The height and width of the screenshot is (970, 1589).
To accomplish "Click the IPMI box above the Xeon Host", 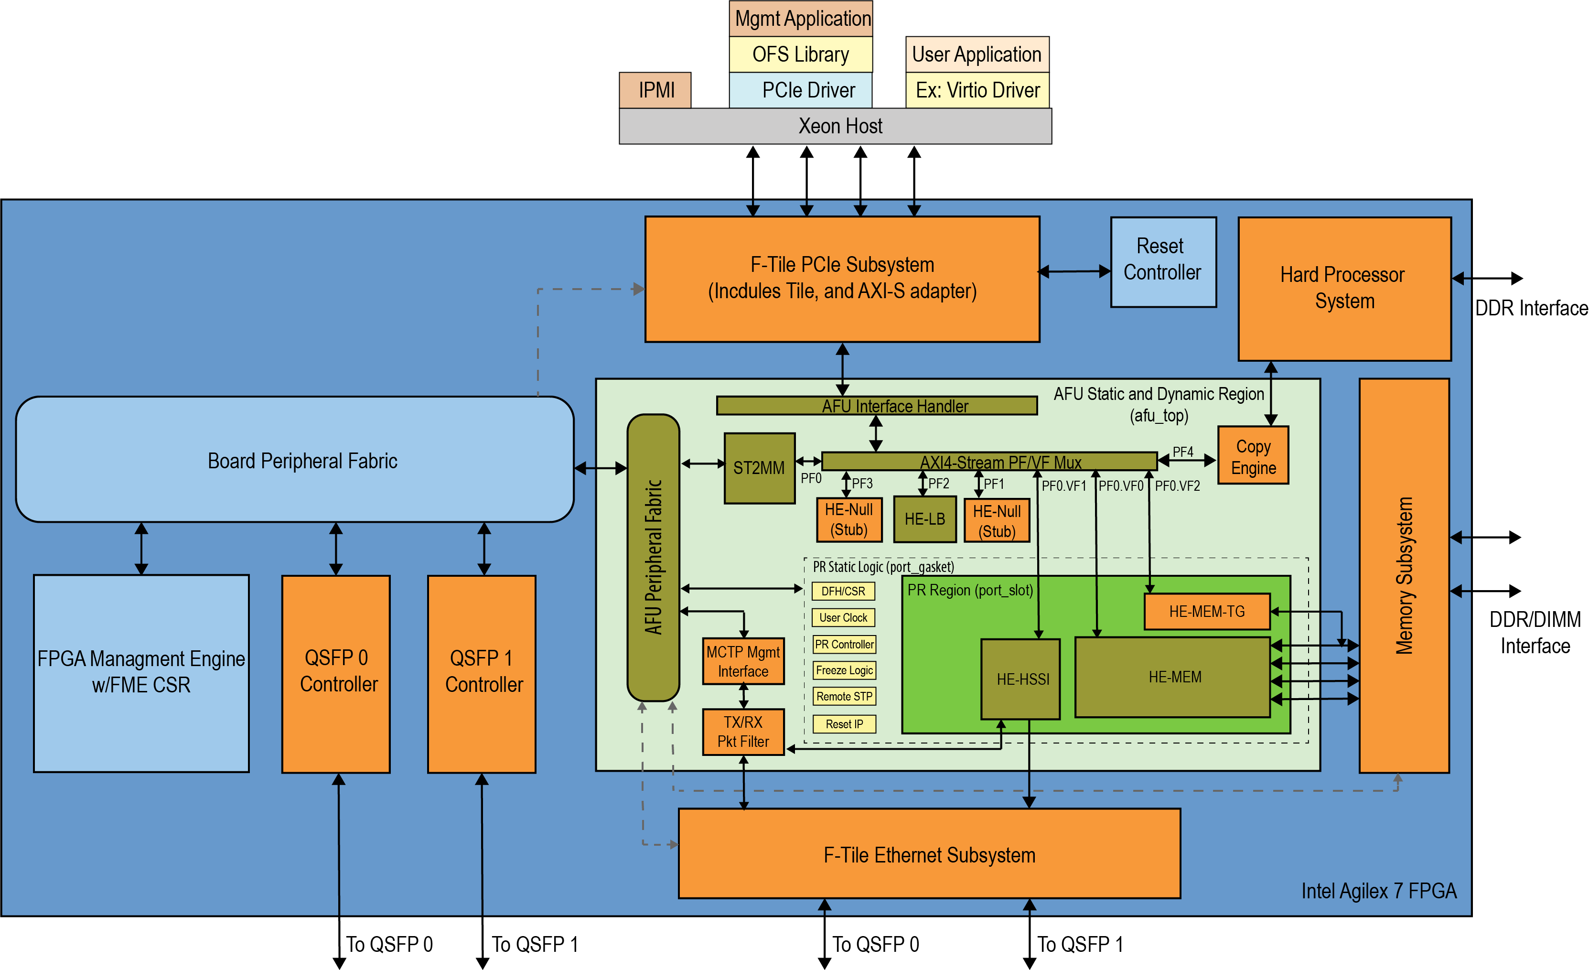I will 655,90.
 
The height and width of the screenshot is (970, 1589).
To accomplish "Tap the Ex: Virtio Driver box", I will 977,90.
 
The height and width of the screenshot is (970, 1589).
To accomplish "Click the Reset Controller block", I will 1163,261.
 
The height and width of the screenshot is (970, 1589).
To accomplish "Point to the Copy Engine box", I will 1253,455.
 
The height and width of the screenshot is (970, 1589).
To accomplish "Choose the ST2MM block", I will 759,468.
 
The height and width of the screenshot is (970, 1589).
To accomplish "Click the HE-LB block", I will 924,519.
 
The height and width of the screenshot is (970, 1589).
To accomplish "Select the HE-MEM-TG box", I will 1207,612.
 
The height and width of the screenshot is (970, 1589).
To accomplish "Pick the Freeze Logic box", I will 844,670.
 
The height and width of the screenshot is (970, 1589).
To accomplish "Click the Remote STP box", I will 844,697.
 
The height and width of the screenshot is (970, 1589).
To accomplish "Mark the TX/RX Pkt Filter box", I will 743,732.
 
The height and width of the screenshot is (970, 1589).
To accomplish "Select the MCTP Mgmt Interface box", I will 743,661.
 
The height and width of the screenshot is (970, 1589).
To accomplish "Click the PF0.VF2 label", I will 1177,485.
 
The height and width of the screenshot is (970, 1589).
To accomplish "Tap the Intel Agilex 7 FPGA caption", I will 1379,891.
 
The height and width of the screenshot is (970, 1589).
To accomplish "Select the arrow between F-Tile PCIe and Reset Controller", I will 1075,271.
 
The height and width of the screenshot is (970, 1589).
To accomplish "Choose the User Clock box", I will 843,617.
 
